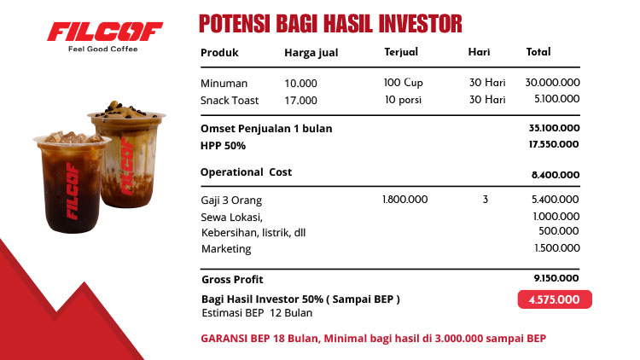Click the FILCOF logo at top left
click(104, 32)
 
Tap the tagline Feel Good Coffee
click(102, 49)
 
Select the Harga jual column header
click(311, 53)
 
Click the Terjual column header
click(401, 52)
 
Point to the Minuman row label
click(224, 84)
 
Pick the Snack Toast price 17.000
click(300, 100)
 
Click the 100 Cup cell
click(404, 83)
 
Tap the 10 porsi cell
click(401, 99)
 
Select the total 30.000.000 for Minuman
click(553, 83)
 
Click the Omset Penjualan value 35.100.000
click(554, 128)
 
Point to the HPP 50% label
click(223, 145)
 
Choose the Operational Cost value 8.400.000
click(556, 175)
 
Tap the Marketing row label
click(226, 249)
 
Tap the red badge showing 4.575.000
click(554, 299)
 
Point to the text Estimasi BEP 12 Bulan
click(256, 313)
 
